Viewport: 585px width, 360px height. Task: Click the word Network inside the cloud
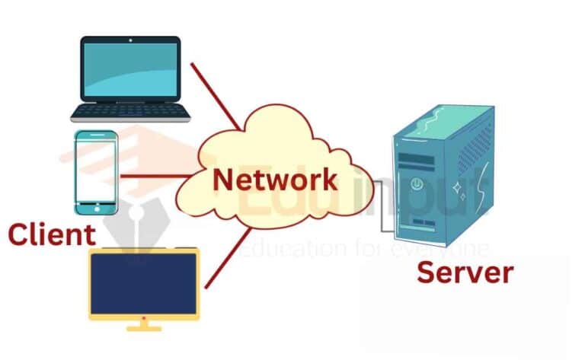click(274, 180)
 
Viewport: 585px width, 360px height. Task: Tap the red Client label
click(52, 234)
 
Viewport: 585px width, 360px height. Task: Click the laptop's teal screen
click(131, 69)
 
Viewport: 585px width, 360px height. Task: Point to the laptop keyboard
click(130, 112)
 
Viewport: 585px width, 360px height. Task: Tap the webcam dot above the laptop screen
click(131, 40)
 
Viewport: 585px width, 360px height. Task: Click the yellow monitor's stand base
click(144, 328)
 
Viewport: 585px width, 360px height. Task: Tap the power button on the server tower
click(417, 183)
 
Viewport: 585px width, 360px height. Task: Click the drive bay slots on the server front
click(412, 160)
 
